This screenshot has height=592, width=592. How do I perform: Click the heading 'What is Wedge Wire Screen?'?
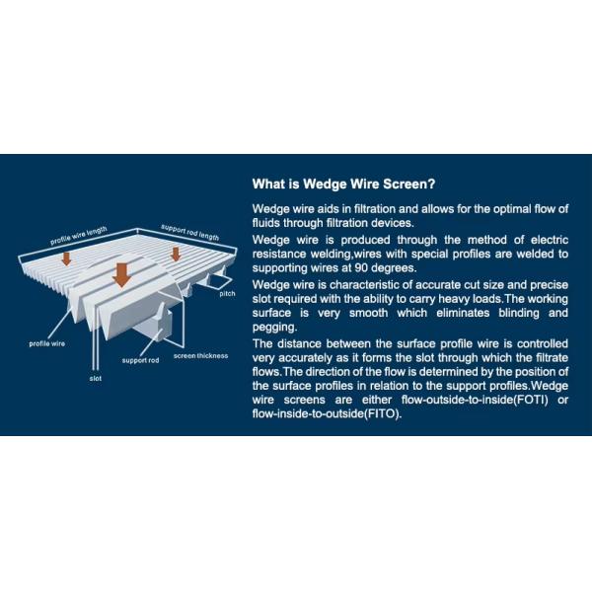click(343, 184)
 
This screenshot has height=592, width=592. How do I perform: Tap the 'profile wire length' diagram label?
click(79, 236)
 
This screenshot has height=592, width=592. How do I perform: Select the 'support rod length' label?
click(189, 232)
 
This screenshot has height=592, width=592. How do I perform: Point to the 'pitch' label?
click(227, 294)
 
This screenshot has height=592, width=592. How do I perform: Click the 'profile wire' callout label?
click(46, 343)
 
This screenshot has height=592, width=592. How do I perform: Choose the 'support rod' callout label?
click(140, 360)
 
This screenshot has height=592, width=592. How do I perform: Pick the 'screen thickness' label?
click(201, 355)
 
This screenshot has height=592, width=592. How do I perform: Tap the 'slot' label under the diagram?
click(96, 378)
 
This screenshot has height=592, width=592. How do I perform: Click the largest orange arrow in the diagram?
click(121, 275)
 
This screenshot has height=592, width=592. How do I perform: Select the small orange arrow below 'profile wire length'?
click(66, 259)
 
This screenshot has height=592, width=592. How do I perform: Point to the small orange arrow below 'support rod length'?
click(176, 255)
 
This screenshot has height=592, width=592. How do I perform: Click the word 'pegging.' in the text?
click(275, 328)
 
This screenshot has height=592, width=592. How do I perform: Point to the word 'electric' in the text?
click(550, 240)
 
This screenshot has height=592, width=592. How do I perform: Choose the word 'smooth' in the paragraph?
click(368, 313)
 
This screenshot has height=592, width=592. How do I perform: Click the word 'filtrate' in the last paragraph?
click(552, 357)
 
